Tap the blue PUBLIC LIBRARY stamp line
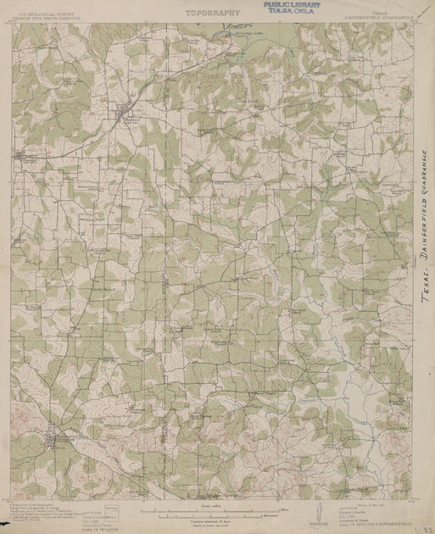tap(286, 5)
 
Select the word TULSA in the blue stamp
tap(275, 12)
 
